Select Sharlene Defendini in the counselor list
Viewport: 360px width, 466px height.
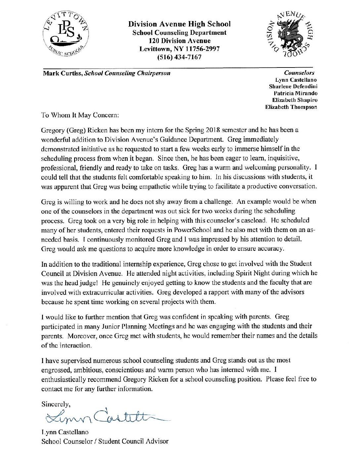[294, 86]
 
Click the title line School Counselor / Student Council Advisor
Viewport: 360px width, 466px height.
[105, 442]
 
